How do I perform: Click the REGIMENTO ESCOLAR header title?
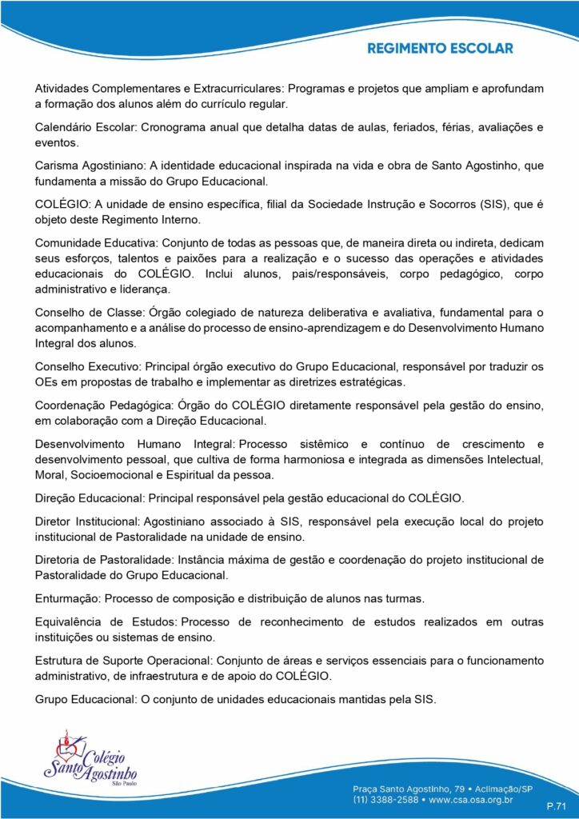440,49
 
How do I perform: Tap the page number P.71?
556,805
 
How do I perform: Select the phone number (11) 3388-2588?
390,798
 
